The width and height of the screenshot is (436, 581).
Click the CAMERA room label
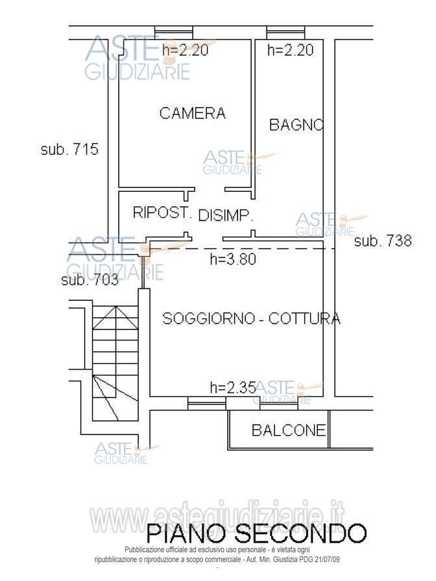193,113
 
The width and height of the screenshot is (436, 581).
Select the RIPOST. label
162,213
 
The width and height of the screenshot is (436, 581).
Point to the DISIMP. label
225,216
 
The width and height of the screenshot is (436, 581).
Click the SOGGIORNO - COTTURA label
251,318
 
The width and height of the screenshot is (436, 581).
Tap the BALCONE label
288,430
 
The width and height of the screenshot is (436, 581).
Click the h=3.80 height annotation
234,259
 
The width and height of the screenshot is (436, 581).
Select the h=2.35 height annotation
232,388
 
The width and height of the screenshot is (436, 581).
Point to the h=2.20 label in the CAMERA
186,50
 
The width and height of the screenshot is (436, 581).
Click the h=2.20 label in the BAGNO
291,50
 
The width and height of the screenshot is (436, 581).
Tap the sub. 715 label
69,150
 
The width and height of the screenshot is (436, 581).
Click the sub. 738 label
383,241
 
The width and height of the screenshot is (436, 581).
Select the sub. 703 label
90,280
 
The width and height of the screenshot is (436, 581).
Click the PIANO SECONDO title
256,533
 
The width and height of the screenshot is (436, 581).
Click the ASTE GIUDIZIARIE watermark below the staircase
122,453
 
